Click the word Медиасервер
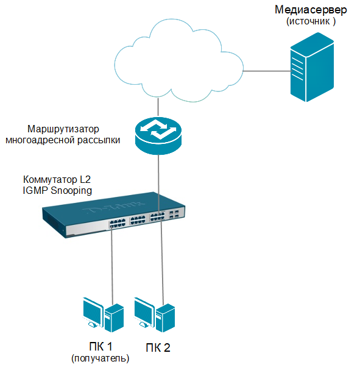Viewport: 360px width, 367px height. tap(311, 10)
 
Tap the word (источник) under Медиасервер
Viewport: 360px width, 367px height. tap(311, 21)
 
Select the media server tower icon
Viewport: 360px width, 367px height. tap(312, 67)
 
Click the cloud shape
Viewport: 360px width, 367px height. tap(179, 61)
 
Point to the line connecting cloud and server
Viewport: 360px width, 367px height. tap(267, 71)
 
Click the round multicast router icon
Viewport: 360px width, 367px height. tap(158, 136)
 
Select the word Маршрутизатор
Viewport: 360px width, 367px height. tap(63, 129)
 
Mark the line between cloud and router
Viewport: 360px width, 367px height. tap(158, 107)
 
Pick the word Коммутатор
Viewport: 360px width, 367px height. tap(50, 179)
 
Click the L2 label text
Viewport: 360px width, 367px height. tap(85, 179)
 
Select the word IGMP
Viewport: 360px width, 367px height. tap(35, 190)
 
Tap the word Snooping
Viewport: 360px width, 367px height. tap(71, 191)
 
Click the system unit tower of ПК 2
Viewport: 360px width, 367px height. tap(165, 318)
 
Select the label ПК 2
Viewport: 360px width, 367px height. tap(158, 348)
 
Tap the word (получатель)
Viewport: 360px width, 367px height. tap(101, 358)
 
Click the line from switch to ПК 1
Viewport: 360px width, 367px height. tap(112, 265)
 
